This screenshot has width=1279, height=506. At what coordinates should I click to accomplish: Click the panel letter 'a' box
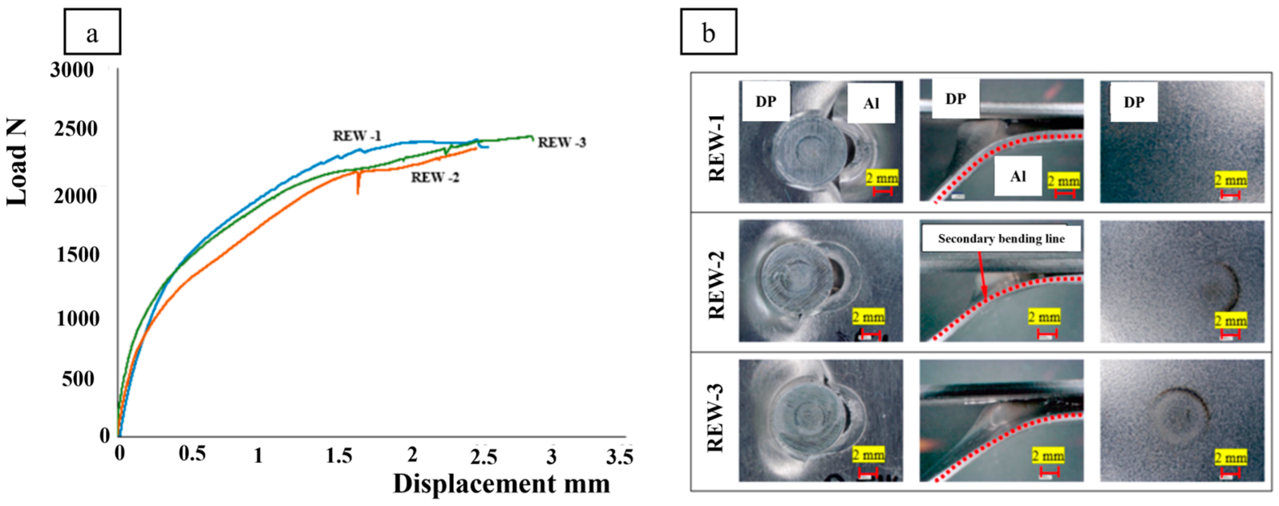click(x=92, y=32)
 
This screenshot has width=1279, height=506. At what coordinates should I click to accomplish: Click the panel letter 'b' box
click(x=709, y=32)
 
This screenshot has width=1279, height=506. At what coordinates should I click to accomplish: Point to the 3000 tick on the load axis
click(x=72, y=71)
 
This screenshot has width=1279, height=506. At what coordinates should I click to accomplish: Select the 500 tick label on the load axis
click(x=78, y=379)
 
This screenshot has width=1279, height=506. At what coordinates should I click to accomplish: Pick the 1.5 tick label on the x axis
click(x=339, y=456)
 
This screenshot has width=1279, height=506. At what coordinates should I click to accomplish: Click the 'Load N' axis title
click(x=17, y=163)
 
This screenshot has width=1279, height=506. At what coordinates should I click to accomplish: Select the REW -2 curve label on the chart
click(x=435, y=177)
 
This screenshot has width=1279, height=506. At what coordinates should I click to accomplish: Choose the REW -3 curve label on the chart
click(x=561, y=143)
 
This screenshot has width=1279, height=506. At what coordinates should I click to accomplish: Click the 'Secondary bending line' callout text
click(x=1001, y=239)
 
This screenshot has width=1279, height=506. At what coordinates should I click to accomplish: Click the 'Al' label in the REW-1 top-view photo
click(x=871, y=104)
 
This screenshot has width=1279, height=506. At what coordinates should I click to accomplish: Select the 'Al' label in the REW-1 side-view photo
click(x=1018, y=176)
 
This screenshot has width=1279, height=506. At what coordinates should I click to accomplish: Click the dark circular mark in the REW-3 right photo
click(x=1179, y=414)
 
